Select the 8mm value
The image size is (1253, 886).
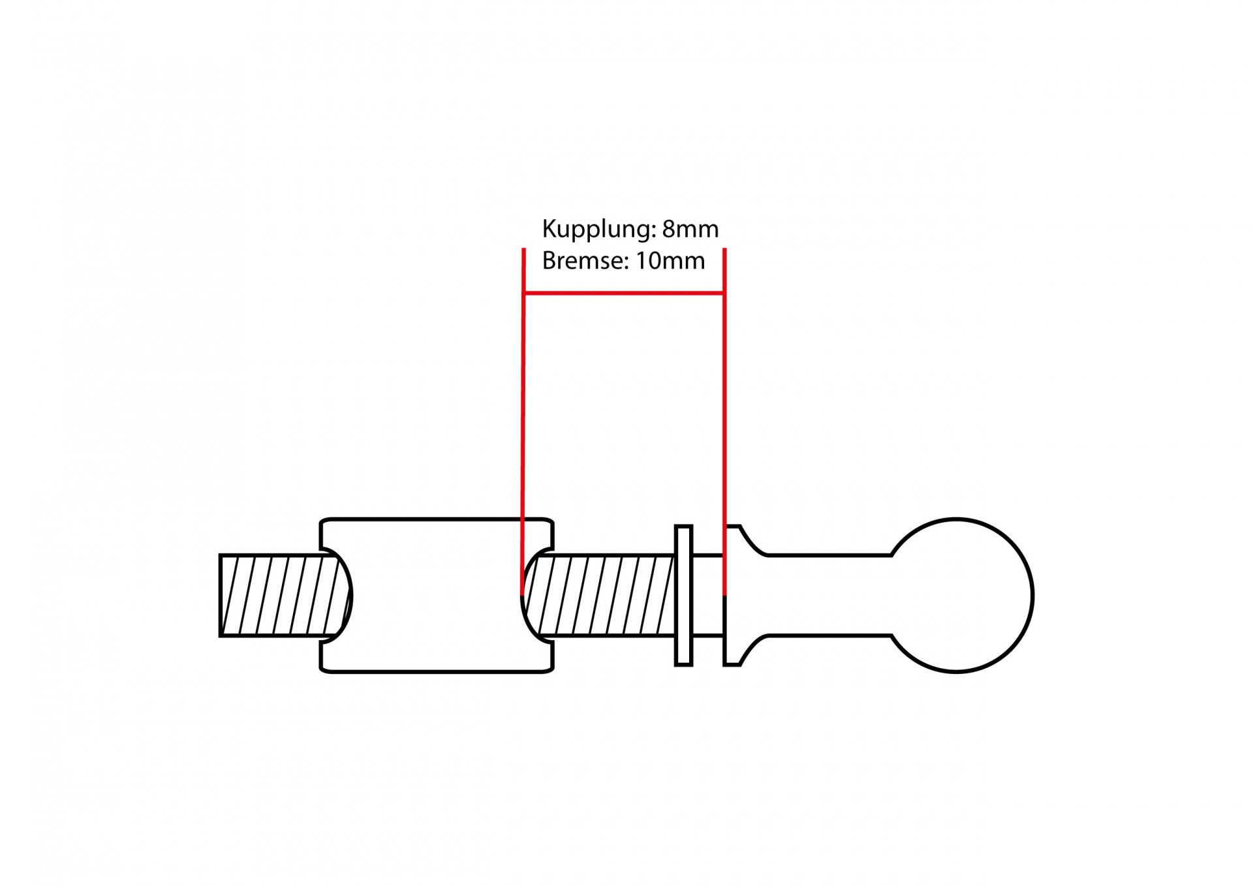tap(690, 229)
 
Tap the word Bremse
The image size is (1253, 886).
tap(585, 260)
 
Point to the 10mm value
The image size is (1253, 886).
tap(671, 260)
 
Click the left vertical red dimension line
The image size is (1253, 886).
tap(523, 422)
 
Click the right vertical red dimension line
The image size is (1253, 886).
tap(724, 422)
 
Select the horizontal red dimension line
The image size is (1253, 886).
tap(624, 294)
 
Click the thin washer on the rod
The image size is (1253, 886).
tap(683, 595)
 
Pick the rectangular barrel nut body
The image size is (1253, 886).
tap(437, 595)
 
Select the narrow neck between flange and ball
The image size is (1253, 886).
tap(829, 595)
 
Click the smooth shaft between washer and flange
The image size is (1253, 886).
tap(708, 595)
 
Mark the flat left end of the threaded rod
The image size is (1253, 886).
tap(221, 595)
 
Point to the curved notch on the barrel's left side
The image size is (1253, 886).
tap(345, 595)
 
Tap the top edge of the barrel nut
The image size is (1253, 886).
tap(437, 519)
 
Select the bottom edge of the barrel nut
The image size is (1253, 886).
tap(437, 671)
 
